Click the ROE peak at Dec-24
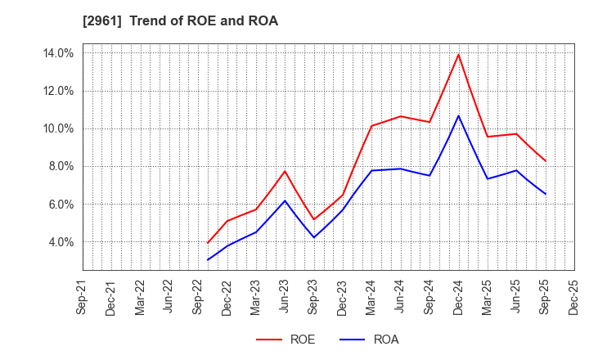[458, 55]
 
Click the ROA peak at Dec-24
[458, 115]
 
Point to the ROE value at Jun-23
[285, 171]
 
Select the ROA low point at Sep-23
[313, 237]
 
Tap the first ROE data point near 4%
[208, 243]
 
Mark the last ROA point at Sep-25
[545, 194]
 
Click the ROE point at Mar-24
[371, 125]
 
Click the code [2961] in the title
[102, 21]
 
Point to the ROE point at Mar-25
[488, 137]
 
